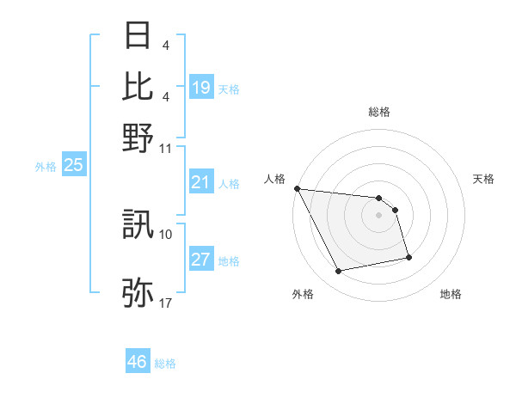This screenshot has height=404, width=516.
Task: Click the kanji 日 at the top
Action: tap(138, 36)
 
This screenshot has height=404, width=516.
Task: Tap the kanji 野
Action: tap(138, 138)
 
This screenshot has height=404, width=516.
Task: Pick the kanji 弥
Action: tap(138, 293)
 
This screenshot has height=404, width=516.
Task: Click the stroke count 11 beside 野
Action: tap(167, 148)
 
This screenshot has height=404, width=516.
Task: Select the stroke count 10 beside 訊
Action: tap(166, 234)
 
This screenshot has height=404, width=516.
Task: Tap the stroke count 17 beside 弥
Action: tap(166, 303)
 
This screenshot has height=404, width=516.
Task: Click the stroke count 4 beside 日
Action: tap(164, 45)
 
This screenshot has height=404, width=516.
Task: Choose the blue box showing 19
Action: tap(201, 88)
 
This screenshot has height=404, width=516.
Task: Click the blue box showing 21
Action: tap(201, 182)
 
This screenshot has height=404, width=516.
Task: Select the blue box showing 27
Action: tap(201, 260)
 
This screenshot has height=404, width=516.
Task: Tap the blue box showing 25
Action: tap(73, 165)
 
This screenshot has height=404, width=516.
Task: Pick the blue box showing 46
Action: tap(138, 362)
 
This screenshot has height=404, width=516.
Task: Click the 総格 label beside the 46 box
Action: tap(165, 364)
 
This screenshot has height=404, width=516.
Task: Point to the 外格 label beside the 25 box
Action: tap(45, 167)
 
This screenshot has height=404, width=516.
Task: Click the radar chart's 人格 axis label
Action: tap(274, 179)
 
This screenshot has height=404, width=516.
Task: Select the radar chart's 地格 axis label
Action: tap(451, 295)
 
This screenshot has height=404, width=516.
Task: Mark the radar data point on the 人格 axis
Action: tap(297, 188)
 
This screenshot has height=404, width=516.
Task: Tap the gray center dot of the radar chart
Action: tap(378, 215)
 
